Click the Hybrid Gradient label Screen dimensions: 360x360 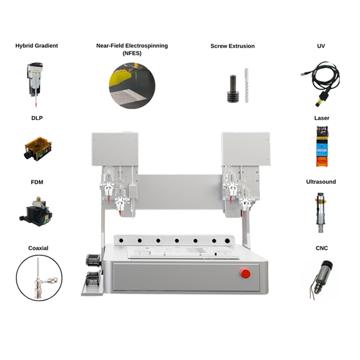[x=36, y=46]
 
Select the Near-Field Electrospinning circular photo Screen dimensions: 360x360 [x=132, y=85]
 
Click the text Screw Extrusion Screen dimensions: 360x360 [x=232, y=46]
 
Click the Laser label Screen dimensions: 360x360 [x=322, y=118]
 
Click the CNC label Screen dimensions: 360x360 [x=322, y=248]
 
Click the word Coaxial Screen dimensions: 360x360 [x=38, y=248]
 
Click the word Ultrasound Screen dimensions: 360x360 [x=321, y=182]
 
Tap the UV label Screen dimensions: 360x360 [x=321, y=46]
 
